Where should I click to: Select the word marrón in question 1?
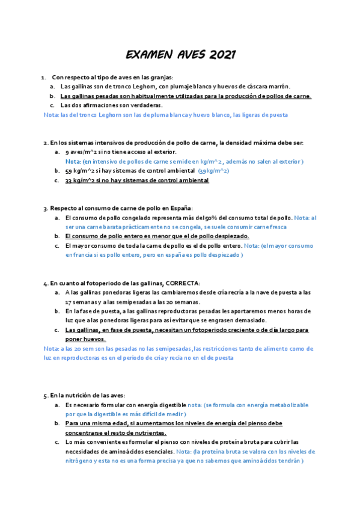point(278,87)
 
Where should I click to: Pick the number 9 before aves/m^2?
point(67,152)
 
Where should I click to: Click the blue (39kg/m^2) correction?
point(213,171)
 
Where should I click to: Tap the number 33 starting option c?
point(69,180)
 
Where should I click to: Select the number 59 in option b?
point(69,171)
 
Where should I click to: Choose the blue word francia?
point(87,255)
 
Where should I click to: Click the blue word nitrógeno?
point(81,461)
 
